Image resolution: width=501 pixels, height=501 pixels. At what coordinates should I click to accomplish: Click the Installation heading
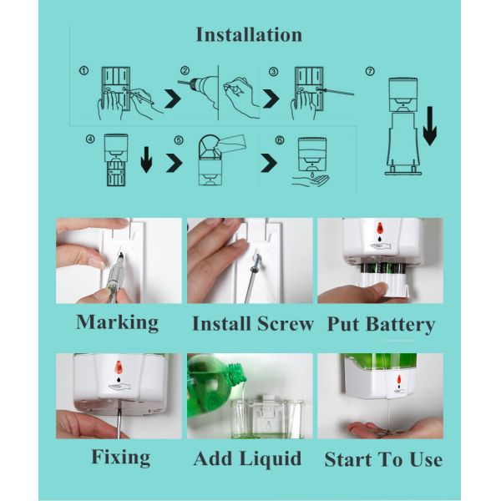coord(249,35)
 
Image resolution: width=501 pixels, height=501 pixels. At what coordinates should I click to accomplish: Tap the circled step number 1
coord(83,70)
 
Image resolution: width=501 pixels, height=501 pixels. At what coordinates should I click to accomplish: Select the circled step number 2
coord(185,71)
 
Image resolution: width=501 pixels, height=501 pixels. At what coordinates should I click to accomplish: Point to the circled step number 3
coord(273,72)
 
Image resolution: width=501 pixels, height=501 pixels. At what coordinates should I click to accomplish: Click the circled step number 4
coord(90,139)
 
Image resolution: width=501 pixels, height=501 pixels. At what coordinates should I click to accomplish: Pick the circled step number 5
coord(179,139)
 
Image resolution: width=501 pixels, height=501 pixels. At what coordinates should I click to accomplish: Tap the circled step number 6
coord(280,140)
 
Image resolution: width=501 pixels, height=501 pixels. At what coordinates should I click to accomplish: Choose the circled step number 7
coord(370,71)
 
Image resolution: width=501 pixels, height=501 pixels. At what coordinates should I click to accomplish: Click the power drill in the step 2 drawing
coord(198,89)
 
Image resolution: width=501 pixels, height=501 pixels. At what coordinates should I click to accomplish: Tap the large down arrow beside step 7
coord(430,126)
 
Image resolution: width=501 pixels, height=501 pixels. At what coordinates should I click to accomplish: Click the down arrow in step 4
coord(146,159)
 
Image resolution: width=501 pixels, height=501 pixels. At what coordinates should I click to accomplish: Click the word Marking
coord(117,322)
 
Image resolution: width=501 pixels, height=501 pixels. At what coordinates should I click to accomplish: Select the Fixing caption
coord(121,458)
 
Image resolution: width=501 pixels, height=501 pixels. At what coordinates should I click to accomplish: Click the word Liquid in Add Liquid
coord(271,459)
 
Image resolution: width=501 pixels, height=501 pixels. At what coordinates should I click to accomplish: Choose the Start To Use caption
coord(383,460)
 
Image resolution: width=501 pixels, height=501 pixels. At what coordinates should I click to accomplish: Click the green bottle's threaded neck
coord(237,374)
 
